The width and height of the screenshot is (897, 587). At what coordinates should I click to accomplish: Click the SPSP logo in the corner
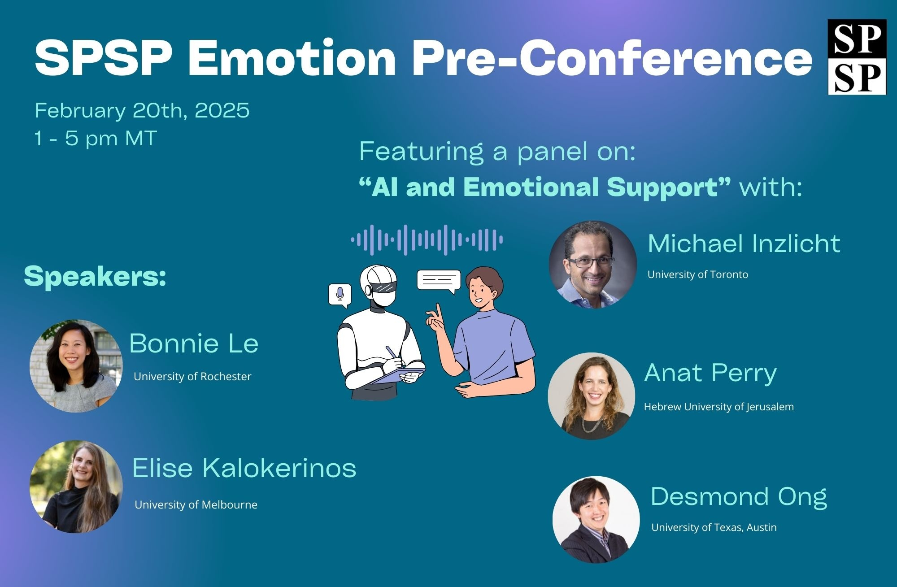click(x=857, y=57)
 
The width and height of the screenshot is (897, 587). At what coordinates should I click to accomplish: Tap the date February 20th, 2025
click(x=142, y=110)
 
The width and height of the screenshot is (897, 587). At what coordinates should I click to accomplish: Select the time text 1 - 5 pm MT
click(x=96, y=138)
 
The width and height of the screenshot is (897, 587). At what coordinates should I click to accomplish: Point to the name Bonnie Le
click(x=194, y=343)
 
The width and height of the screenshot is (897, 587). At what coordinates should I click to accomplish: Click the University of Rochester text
click(x=192, y=376)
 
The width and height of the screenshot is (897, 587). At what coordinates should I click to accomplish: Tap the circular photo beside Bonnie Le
click(x=76, y=366)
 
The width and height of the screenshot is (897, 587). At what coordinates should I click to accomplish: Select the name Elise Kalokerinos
click(x=244, y=468)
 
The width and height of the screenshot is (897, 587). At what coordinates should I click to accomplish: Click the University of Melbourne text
click(x=196, y=504)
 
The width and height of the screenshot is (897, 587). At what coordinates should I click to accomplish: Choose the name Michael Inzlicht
click(x=744, y=243)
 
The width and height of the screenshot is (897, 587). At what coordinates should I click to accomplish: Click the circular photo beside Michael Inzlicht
click(x=592, y=265)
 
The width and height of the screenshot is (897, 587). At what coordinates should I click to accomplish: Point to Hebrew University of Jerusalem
click(x=719, y=407)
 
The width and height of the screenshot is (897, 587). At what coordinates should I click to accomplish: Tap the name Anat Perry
click(x=710, y=374)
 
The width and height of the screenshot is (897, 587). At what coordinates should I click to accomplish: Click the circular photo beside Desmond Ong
click(x=596, y=520)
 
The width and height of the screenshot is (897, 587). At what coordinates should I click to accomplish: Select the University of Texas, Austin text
click(x=714, y=527)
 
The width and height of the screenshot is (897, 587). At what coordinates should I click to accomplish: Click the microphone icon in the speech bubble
click(x=340, y=294)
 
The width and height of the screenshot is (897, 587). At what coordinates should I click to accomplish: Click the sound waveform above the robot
click(x=427, y=240)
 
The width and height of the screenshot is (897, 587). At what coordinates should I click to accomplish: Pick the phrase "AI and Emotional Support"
click(x=545, y=187)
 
